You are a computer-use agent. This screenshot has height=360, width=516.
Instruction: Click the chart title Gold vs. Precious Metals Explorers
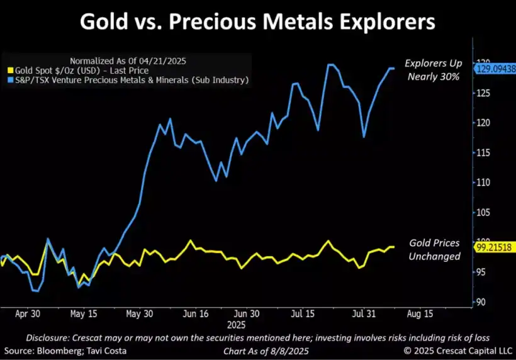pos(258,23)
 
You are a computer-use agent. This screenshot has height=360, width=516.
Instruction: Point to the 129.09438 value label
pos(496,69)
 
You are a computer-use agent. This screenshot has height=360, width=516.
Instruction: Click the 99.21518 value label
pos(496,247)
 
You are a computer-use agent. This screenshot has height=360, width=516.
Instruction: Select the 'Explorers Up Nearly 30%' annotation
pos(434,69)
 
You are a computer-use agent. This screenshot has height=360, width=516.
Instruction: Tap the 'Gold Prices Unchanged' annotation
pos(434,249)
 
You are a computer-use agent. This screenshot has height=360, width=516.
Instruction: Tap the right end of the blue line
pos(394,68)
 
